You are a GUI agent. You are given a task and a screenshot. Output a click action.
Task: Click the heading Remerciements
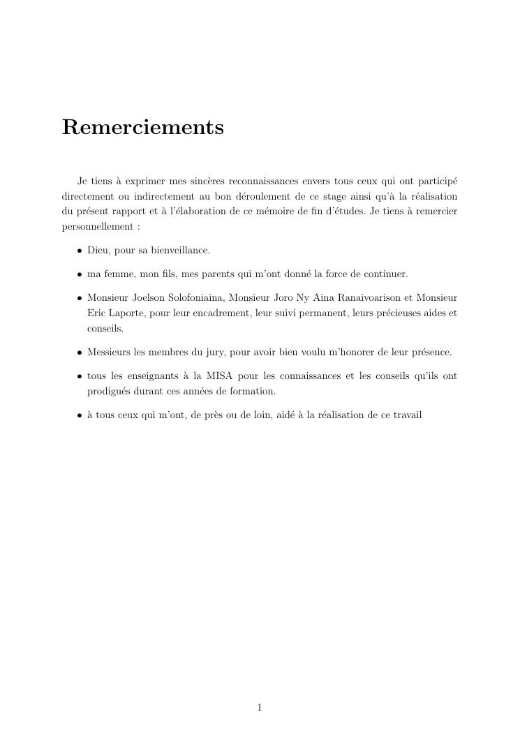142,128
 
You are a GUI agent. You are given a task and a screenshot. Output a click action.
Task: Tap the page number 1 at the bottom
260,708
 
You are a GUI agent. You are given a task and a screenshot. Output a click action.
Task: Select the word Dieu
98,250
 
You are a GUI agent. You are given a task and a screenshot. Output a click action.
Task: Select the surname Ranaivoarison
370,297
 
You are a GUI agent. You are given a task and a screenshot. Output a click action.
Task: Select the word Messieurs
109,352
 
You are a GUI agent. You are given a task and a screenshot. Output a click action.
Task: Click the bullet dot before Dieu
80,251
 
